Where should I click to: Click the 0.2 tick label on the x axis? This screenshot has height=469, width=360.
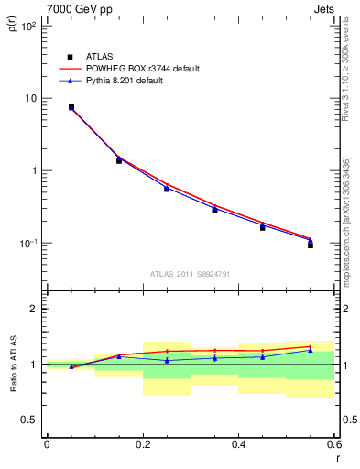(x=142, y=445)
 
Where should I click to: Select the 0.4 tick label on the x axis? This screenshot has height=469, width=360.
(x=238, y=445)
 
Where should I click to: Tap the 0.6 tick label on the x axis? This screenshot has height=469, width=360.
(x=333, y=445)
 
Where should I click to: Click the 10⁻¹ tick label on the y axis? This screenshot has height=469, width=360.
(x=26, y=244)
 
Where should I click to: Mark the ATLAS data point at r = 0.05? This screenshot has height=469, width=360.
(x=71, y=107)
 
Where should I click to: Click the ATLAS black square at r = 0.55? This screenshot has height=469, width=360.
(x=311, y=245)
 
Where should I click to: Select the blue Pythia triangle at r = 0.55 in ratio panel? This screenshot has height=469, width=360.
(x=311, y=350)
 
